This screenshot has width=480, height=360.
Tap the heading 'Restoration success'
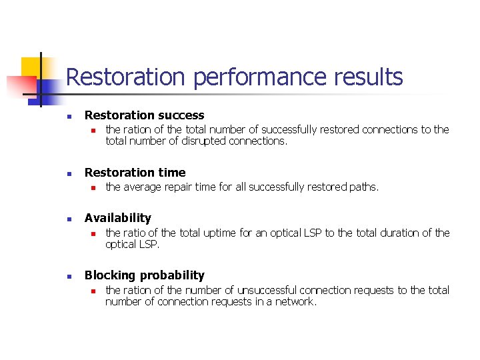[x=144, y=115]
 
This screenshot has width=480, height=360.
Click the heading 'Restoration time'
[x=135, y=173]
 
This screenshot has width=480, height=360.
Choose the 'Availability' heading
[x=117, y=218]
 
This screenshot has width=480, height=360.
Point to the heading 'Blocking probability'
[x=144, y=275]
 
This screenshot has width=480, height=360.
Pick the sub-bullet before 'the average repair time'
[x=94, y=188]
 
